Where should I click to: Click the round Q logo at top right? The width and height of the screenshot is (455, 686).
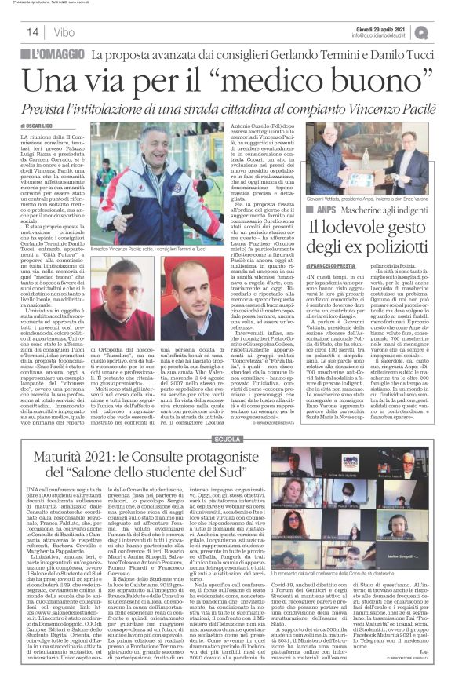444,31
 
